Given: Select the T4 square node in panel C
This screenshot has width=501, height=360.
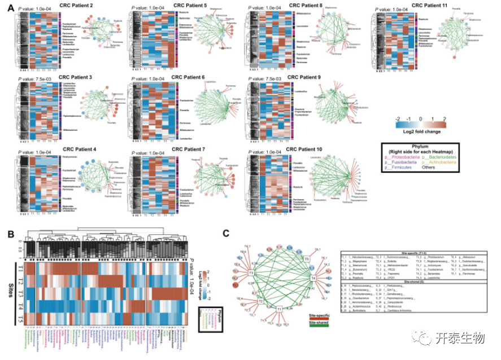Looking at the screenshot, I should point(312,279).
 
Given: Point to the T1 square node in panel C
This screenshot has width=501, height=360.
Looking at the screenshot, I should point(279,309).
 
